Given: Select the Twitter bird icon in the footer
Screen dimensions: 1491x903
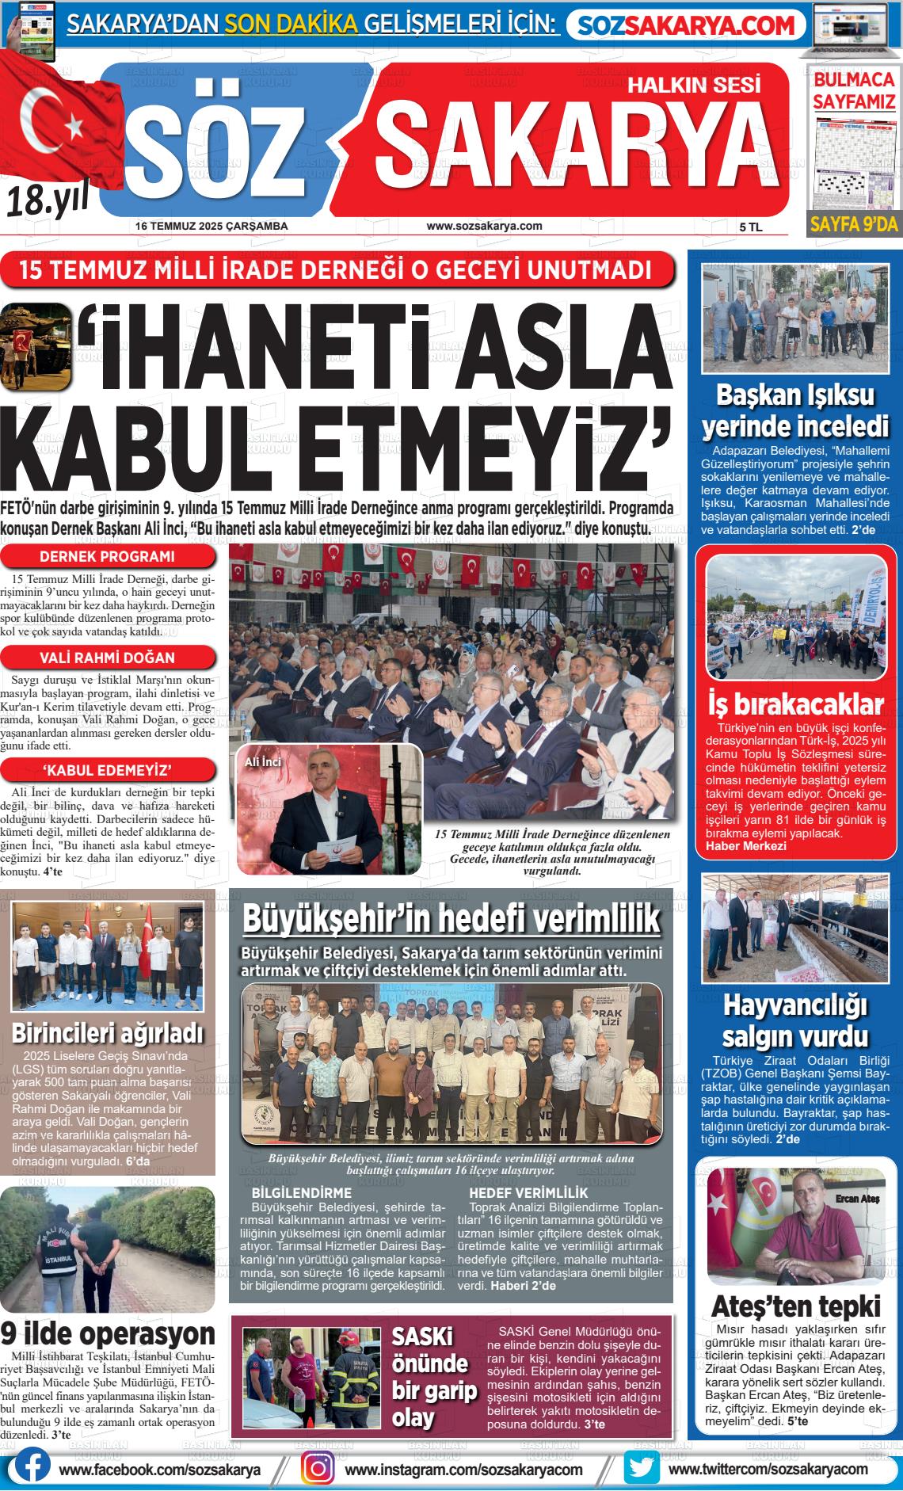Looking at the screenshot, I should click(x=641, y=1467).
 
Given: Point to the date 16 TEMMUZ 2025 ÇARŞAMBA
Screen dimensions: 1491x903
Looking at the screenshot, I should click(x=211, y=226).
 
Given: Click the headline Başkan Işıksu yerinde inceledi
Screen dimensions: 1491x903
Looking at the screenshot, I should click(x=795, y=410).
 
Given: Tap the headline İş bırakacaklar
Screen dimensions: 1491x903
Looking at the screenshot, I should click(x=795, y=704).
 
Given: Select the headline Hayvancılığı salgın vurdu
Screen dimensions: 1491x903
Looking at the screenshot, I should click(x=795, y=1020).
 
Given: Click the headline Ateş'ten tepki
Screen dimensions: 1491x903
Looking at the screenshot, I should click(x=795, y=1306).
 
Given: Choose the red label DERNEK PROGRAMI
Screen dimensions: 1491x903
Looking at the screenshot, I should click(x=107, y=556).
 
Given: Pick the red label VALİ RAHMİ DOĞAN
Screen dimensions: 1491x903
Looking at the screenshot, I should click(x=107, y=658).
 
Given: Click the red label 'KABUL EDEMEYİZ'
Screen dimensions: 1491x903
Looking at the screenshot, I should click(x=107, y=770).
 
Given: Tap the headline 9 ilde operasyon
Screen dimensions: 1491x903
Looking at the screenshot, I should click(x=108, y=1333).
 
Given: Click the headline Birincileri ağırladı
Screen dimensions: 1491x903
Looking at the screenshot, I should click(x=108, y=1033).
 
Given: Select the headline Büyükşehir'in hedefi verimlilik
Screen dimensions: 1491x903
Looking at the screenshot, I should click(x=451, y=919).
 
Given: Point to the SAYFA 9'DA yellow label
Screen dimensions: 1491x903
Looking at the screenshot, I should click(x=853, y=224).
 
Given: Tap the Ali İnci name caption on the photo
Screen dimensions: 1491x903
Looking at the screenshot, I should click(x=263, y=762).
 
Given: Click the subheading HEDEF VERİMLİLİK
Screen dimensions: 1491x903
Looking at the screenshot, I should click(x=528, y=1192).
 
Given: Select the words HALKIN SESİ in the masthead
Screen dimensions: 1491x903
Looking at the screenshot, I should click(x=694, y=84).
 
